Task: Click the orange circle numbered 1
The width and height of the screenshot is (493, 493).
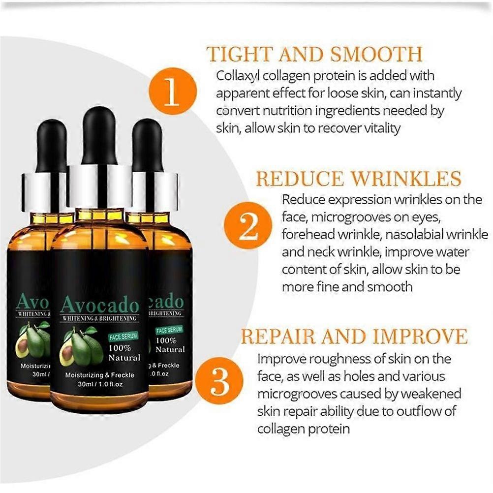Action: (173, 91)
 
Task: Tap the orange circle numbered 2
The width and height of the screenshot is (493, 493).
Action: (248, 225)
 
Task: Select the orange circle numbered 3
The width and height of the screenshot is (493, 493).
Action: (219, 381)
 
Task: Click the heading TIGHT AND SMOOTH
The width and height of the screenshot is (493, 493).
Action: (314, 55)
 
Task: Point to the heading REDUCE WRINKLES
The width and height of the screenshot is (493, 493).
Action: (358, 179)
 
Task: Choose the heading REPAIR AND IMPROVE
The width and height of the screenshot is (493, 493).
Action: (354, 336)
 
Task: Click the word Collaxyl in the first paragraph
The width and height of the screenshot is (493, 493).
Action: (237, 76)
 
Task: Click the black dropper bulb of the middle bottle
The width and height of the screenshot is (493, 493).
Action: (99, 136)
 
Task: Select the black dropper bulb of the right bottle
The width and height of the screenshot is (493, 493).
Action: (147, 145)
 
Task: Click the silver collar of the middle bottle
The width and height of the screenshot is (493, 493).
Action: (99, 186)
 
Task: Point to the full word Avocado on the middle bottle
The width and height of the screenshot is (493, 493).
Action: (100, 305)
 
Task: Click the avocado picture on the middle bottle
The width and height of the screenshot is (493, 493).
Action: (83, 346)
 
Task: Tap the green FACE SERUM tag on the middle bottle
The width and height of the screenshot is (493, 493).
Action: (123, 337)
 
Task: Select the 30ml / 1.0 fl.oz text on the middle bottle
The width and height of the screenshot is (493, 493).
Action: (100, 384)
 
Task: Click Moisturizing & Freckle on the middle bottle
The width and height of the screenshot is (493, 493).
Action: (100, 375)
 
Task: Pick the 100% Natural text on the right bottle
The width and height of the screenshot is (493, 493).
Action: (170, 345)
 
